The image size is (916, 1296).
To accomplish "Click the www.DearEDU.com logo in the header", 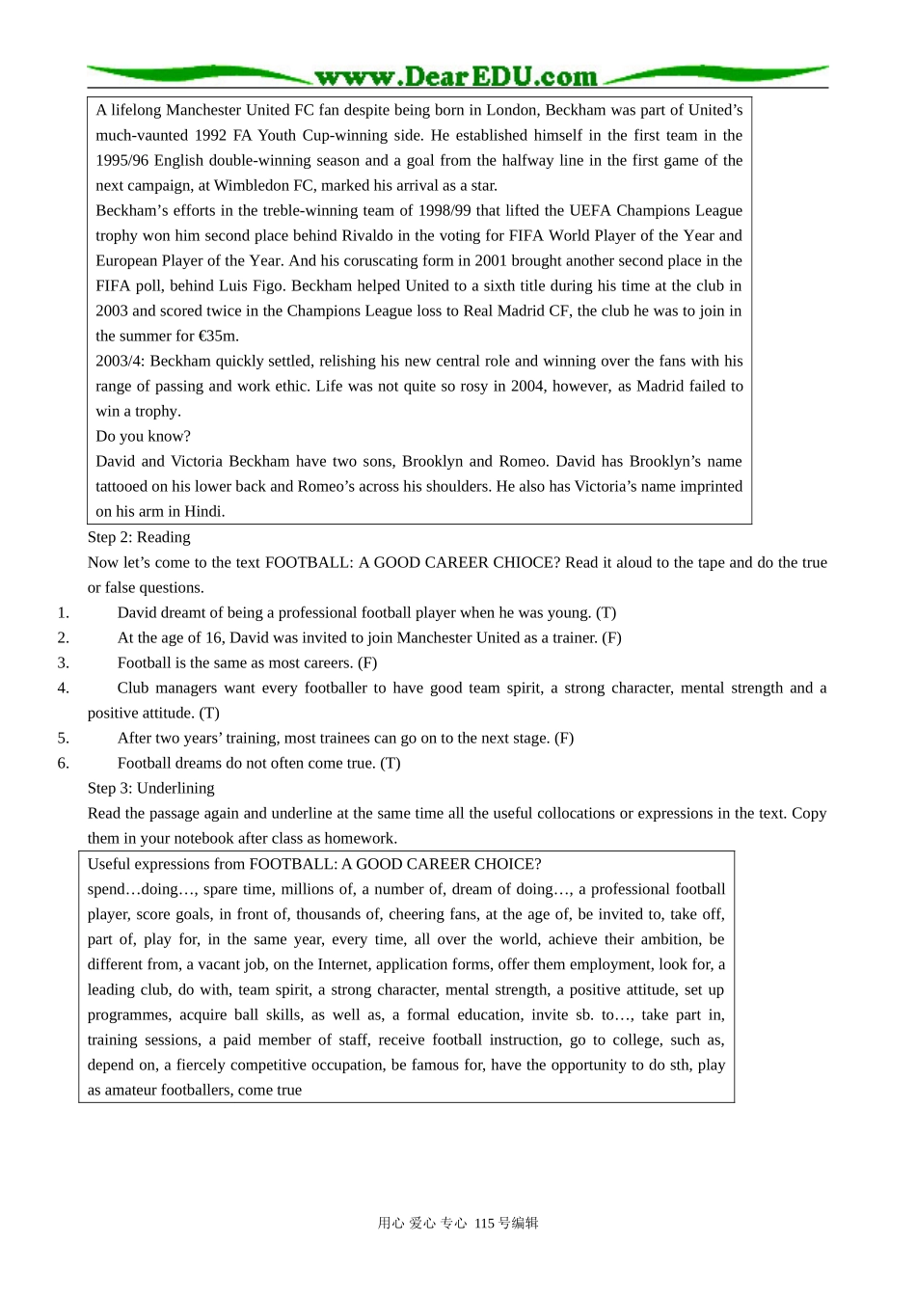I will click(x=456, y=76).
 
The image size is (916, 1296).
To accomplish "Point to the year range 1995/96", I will click(x=122, y=160).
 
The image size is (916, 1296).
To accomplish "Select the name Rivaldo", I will click(x=367, y=235).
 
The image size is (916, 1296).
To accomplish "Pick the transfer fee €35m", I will click(x=219, y=336).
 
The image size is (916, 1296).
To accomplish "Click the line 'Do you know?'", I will click(x=143, y=436).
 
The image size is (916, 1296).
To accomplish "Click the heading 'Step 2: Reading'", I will click(x=139, y=537).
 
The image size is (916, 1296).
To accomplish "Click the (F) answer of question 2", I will click(x=611, y=637).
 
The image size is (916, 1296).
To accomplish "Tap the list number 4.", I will click(x=63, y=688).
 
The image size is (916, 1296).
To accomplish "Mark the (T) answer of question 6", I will click(x=390, y=763).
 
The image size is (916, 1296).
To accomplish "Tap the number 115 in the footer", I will click(x=484, y=1223).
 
